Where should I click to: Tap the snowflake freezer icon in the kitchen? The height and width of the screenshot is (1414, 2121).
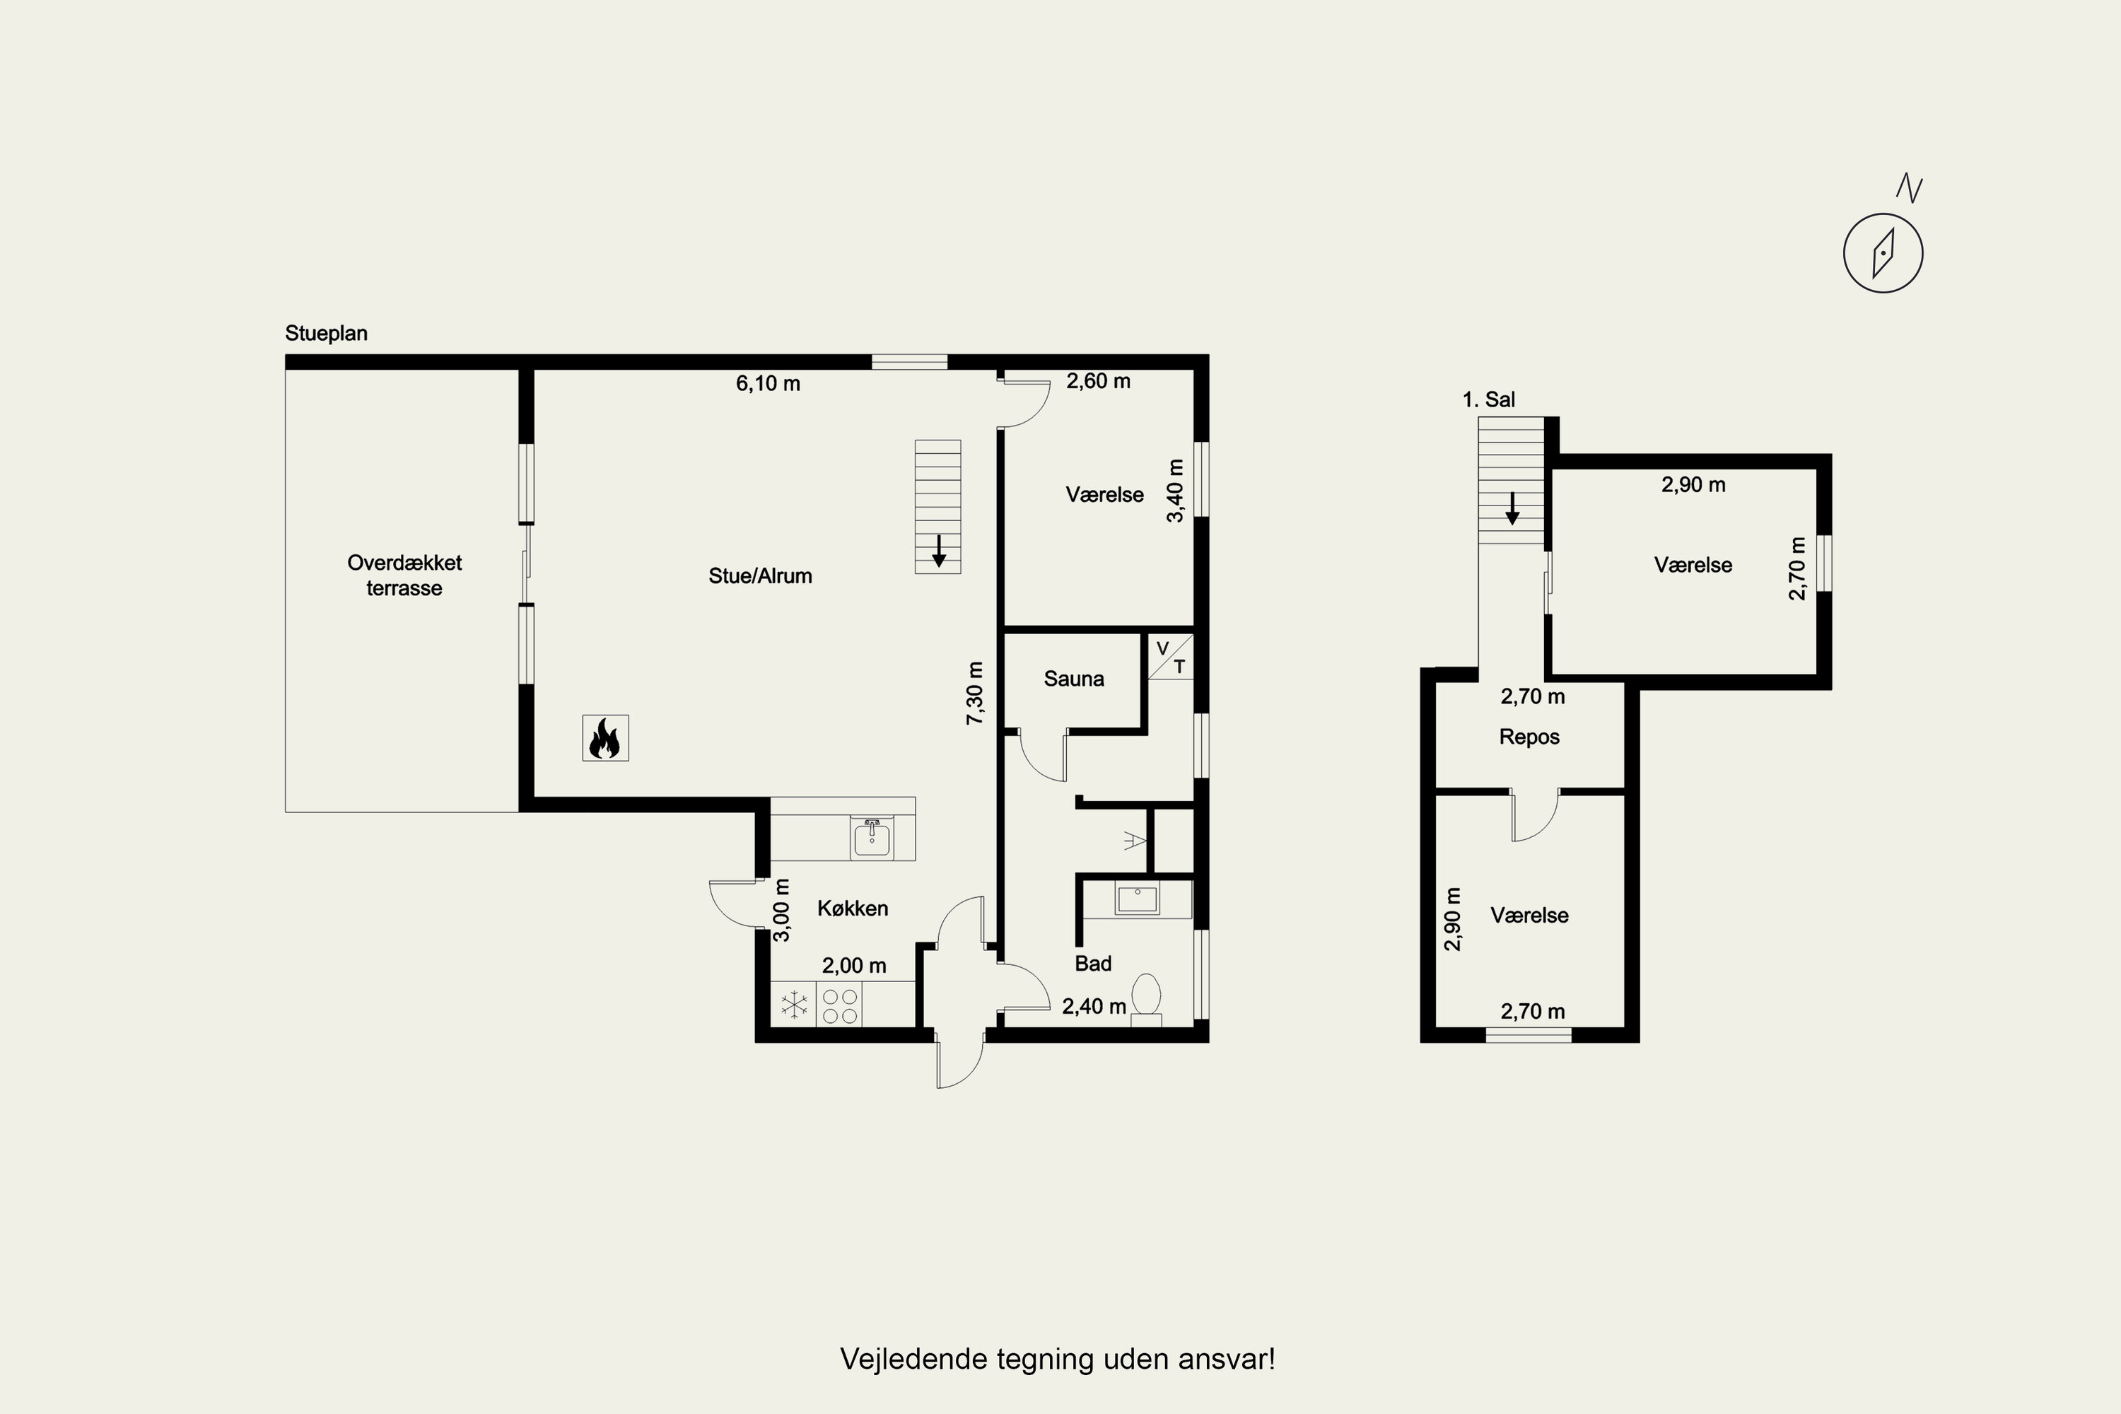[793, 1005]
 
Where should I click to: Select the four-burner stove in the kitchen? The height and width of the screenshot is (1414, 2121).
[840, 1005]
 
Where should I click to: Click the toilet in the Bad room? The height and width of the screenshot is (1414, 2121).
[1146, 999]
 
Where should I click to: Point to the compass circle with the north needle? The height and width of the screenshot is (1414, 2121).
[1883, 252]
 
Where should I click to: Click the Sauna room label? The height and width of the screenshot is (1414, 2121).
[1073, 679]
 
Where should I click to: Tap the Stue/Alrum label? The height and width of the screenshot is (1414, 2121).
[760, 576]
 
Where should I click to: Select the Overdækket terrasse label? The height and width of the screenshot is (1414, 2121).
[404, 575]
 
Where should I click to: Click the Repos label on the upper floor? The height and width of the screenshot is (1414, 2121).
[1529, 737]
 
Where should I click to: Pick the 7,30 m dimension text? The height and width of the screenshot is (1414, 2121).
[975, 693]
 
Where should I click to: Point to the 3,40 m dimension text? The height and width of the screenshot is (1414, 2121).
[1175, 491]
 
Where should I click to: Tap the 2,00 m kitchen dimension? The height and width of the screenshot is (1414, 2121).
[854, 966]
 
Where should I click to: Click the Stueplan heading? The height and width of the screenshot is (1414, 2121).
[327, 333]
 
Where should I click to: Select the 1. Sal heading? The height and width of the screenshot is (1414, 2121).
[1489, 399]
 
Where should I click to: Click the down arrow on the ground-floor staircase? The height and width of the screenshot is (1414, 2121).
[939, 551]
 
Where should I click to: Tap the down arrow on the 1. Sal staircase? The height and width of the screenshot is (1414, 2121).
[1512, 508]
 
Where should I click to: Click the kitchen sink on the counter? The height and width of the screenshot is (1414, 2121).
[871, 838]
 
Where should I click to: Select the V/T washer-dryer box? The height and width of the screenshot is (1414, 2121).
[1171, 658]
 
